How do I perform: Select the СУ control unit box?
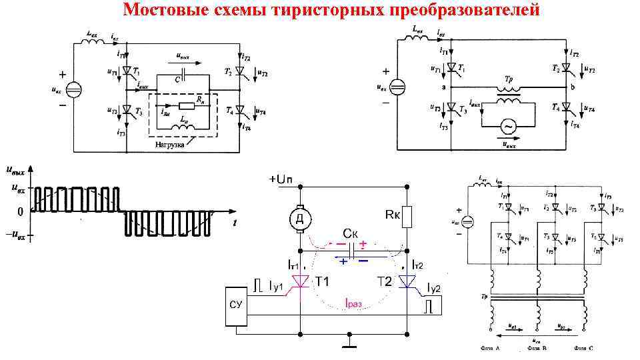click(235, 305)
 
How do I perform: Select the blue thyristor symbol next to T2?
click(408, 283)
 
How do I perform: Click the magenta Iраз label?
click(353, 303)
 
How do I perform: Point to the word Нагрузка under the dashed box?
click(170, 144)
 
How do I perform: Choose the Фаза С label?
click(582, 349)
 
